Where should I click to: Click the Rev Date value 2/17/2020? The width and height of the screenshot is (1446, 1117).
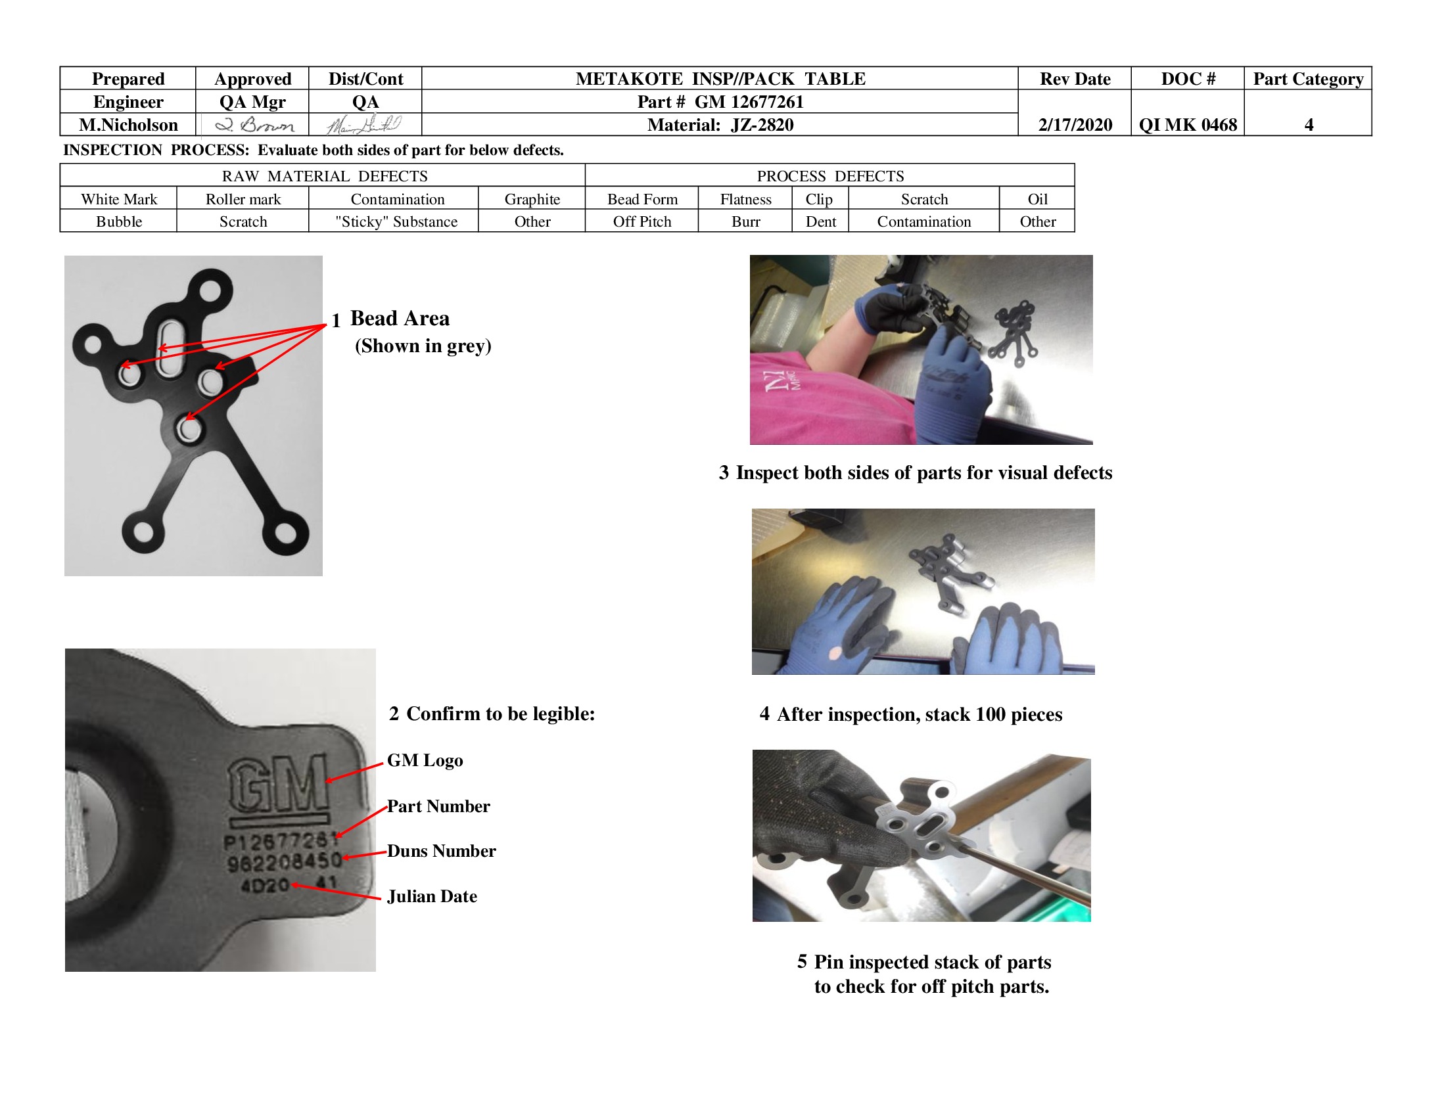coord(1075,124)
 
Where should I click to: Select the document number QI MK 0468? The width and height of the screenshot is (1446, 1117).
coord(1187,124)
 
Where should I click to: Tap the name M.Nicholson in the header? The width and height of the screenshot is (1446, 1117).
coord(128,124)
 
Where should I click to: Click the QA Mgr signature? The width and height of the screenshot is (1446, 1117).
coord(254,124)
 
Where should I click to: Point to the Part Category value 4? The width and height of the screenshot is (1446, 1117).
coord(1308,124)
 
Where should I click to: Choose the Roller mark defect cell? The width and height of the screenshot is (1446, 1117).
coord(243,199)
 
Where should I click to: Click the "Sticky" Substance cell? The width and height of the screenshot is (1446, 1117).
coord(396,221)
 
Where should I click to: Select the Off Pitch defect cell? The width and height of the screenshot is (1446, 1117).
coord(641,221)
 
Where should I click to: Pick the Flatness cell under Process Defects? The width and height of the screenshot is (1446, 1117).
coord(745,199)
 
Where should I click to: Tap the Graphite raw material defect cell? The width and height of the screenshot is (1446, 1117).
coord(532,199)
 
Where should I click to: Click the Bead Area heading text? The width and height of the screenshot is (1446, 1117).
coord(400,318)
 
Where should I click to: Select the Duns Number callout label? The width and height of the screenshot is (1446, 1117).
coord(441,851)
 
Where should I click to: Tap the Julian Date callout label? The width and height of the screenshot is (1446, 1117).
coord(432,896)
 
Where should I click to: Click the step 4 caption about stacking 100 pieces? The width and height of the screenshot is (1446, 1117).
coord(911,714)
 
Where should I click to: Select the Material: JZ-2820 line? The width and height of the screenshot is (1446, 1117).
coord(720,124)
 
